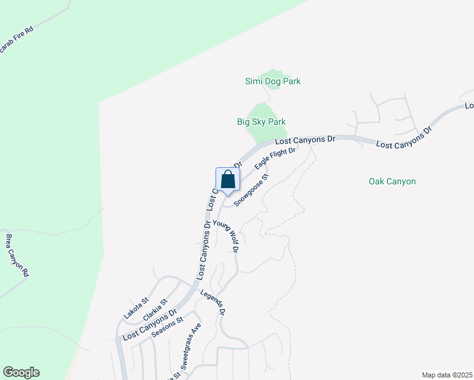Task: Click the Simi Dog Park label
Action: (272, 81)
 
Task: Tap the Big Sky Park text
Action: (261, 122)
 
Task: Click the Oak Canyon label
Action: (392, 181)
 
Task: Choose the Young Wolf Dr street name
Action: (225, 236)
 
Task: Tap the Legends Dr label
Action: (213, 303)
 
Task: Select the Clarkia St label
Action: (155, 310)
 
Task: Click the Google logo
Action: (21, 372)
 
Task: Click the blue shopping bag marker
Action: (227, 180)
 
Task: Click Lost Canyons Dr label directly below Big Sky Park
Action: (304, 139)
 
